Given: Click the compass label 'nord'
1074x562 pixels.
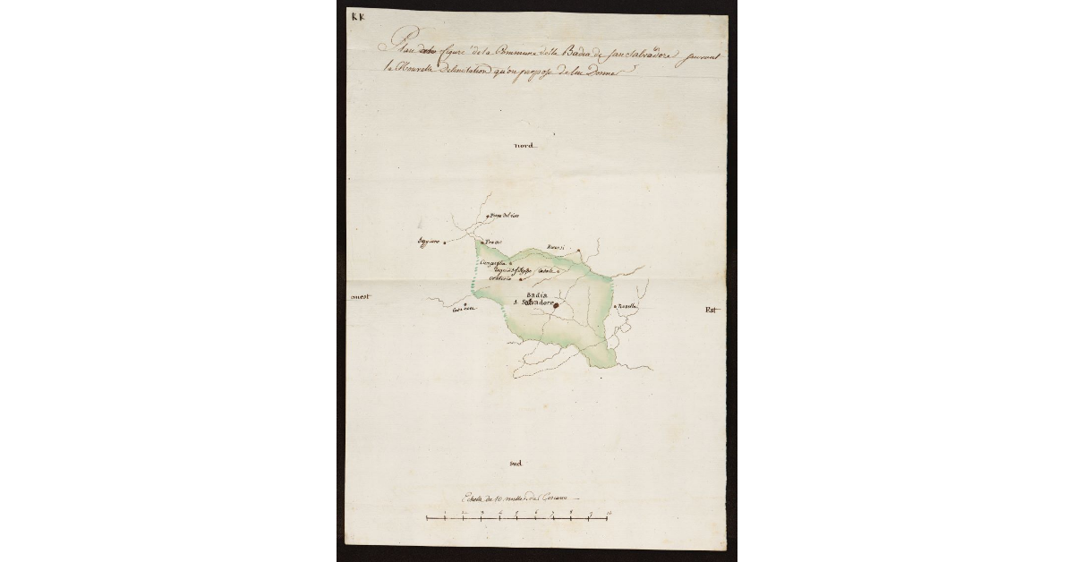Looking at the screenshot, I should click(524, 146).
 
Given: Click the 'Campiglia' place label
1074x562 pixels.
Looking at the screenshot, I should click(492, 262).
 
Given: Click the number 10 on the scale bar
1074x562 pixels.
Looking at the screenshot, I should click(609, 512).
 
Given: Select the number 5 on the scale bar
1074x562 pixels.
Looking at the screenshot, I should click(518, 512).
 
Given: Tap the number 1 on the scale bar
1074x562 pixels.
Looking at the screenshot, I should click(446, 512).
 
